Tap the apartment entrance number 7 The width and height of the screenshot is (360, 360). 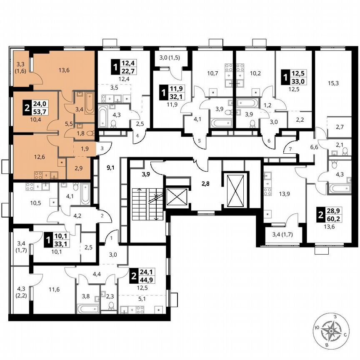(290, 149)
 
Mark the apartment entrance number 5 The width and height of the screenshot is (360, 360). (199, 141)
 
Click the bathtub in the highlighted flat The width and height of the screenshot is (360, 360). (90, 100)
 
